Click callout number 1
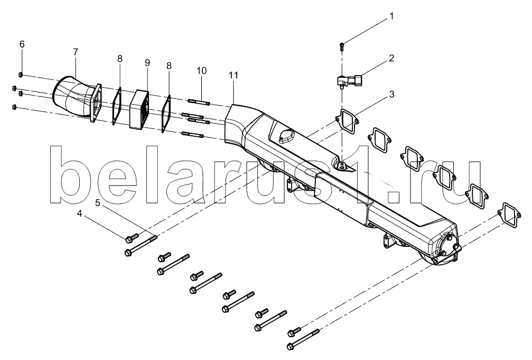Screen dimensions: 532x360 point(391,16)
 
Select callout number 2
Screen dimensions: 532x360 point(391,58)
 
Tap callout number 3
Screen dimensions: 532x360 point(391,95)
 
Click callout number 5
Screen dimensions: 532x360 point(98,203)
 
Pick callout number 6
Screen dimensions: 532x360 point(22,44)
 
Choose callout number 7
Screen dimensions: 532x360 point(76,52)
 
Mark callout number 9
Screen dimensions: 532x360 point(147,62)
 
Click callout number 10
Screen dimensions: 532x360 point(201,71)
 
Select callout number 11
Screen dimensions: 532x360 point(234,75)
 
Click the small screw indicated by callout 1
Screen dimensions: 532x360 point(342,45)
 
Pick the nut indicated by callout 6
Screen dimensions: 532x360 point(21,75)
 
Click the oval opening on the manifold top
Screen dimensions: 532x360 point(284,135)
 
